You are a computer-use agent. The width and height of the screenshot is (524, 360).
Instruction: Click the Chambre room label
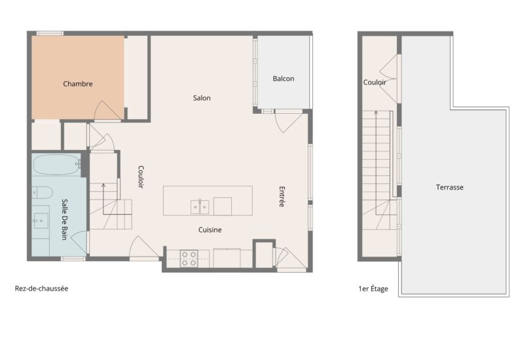click(x=78, y=84)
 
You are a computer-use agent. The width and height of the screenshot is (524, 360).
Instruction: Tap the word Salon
click(x=202, y=98)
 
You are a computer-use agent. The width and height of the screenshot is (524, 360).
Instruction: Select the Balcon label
click(x=284, y=79)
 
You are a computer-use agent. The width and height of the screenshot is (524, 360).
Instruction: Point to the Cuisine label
click(x=210, y=230)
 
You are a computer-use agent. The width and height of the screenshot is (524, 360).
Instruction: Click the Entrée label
click(x=282, y=197)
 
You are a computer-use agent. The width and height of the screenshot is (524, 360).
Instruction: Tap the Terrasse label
click(x=450, y=187)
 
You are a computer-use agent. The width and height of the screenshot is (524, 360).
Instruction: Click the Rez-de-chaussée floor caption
click(x=41, y=288)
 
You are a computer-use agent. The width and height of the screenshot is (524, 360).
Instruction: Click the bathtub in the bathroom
click(x=56, y=164)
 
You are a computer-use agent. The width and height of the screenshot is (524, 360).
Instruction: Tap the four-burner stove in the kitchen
click(x=189, y=258)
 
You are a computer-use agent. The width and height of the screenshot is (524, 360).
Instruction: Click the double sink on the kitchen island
click(x=200, y=207)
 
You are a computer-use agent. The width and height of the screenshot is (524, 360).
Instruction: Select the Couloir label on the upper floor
click(x=375, y=82)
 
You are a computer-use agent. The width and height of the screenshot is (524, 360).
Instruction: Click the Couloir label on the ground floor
click(x=141, y=177)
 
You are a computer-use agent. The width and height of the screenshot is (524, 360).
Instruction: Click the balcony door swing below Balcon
click(x=288, y=122)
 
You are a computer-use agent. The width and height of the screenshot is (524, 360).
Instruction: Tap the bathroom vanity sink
click(x=41, y=219)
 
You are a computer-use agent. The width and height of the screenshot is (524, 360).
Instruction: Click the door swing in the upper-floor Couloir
click(x=390, y=77)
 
